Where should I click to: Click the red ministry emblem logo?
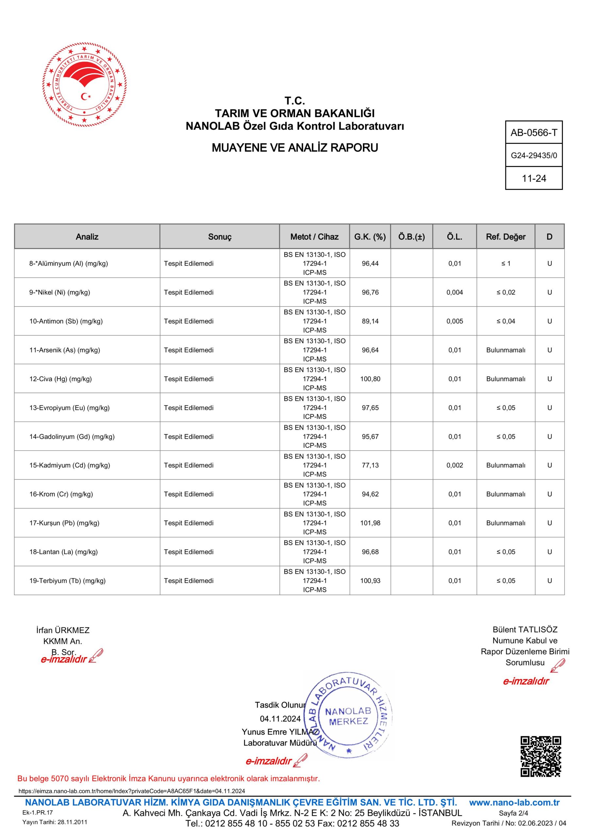[84, 85]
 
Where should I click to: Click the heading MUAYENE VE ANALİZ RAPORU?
[295, 148]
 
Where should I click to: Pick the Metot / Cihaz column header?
[314, 237]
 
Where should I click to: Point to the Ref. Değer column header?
[505, 237]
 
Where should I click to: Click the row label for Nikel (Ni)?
[60, 292]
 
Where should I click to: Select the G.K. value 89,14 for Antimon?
[370, 321]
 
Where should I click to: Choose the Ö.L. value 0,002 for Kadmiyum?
[454, 465]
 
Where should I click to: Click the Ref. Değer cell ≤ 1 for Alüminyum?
[505, 264]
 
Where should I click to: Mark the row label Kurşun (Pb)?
[64, 523]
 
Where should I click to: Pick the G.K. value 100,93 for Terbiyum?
[370, 581]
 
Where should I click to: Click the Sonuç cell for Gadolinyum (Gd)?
[189, 436]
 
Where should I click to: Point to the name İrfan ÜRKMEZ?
[63, 630]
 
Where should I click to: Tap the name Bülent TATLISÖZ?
[525, 630]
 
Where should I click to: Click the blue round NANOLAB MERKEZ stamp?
[348, 716]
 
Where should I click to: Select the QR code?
[540, 757]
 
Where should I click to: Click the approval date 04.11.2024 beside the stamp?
[280, 719]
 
